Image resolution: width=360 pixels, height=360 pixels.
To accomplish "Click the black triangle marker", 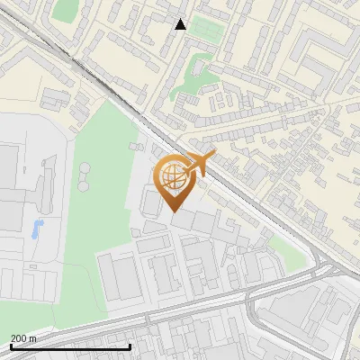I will point(180,24).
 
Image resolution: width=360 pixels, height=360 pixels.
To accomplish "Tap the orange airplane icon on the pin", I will point(202,164).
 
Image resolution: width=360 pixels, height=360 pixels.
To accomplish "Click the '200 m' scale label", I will point(23,338).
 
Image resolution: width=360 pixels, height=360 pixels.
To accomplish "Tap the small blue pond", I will point(37,229).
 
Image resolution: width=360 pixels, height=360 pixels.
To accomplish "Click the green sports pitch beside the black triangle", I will point(206,29).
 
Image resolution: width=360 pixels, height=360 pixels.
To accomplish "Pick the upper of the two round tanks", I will point(85,168).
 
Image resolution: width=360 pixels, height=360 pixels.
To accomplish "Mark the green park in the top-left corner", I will point(65,10).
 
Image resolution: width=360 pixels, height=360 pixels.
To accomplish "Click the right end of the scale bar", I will point(130,346).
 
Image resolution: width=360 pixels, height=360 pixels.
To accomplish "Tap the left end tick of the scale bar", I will point(10,346).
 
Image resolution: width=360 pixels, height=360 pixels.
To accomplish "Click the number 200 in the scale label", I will point(19,338).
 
